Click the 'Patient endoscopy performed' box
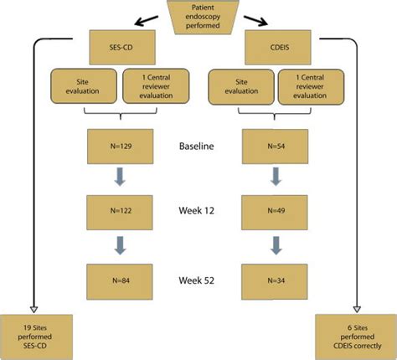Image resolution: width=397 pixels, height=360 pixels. coord(199,15)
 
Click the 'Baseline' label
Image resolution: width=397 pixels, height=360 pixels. coord(197,147)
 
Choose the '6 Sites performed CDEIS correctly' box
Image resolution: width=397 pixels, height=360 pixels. coord(352,334)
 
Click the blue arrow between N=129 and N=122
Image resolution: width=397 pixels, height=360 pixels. coord(118,177)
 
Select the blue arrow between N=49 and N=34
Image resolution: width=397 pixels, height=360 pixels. coord(273,243)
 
